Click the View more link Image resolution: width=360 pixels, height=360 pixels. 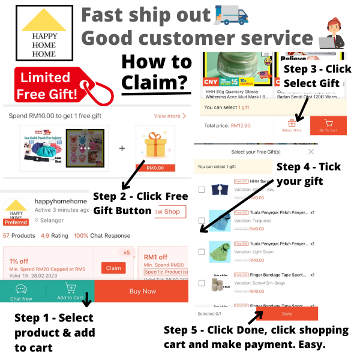tap(170, 116)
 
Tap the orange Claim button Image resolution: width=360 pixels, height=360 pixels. tap(113, 268)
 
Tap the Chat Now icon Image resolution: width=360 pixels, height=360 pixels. tap(21, 291)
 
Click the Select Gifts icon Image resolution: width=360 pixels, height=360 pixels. tap(291, 125)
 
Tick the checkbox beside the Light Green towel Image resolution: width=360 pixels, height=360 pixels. tap(202, 252)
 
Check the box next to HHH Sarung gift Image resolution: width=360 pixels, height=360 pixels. tap(202, 190)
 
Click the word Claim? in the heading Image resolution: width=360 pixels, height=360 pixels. tap(156, 83)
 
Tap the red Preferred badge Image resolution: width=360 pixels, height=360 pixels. tap(15, 221)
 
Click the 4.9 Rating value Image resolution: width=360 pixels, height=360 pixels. tap(46, 235)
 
